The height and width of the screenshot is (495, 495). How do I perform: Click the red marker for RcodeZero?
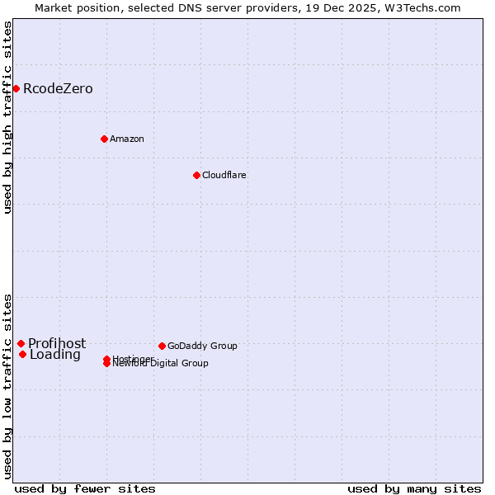(16, 88)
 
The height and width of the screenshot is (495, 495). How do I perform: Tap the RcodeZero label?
(58, 89)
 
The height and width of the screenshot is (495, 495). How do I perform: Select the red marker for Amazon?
(104, 139)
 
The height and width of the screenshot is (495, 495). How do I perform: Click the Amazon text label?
(127, 139)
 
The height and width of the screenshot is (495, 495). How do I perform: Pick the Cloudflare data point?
(196, 175)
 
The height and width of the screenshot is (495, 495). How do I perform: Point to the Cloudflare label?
(224, 175)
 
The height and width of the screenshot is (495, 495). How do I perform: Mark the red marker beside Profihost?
(21, 343)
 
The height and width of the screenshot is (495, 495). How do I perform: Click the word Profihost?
(57, 344)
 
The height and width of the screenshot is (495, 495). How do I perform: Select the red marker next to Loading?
(22, 355)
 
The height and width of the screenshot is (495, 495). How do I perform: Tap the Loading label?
(55, 356)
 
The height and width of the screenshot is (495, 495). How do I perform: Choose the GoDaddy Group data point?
(162, 346)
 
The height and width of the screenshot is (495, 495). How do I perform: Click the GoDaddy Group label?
(202, 346)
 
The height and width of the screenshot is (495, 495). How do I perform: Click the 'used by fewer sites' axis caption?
(85, 489)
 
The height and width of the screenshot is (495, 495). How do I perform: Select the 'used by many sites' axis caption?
(414, 489)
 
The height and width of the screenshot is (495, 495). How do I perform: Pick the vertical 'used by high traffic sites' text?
(8, 117)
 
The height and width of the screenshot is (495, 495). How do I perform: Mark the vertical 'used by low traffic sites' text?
(8, 385)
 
